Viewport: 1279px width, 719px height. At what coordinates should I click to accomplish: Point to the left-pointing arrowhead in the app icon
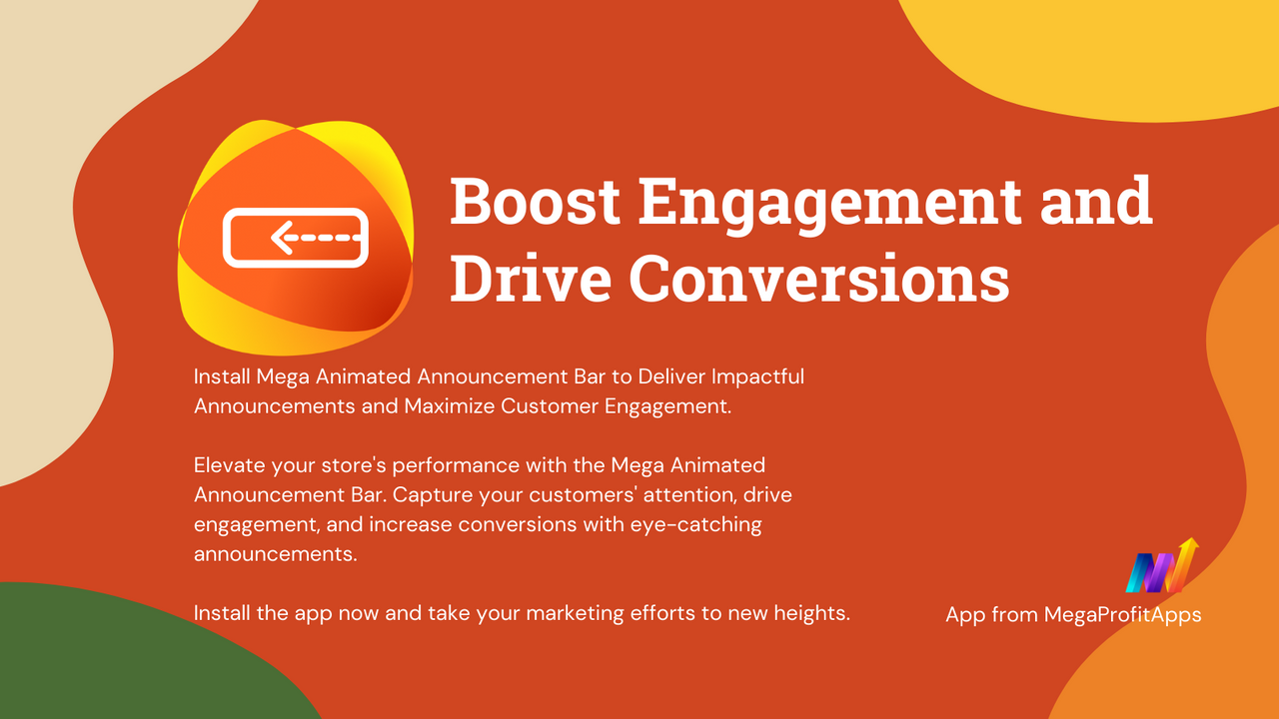pyautogui.click(x=282, y=238)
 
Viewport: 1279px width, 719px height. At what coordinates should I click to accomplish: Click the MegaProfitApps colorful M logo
pyautogui.click(x=1161, y=567)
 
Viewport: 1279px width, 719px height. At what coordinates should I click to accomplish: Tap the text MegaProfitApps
pyautogui.click(x=1122, y=614)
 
